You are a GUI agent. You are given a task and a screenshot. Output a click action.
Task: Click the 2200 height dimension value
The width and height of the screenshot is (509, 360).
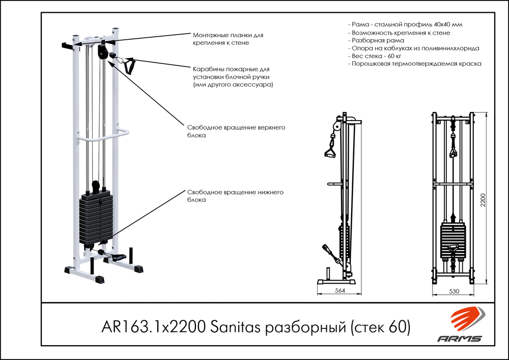pyautogui.click(x=483, y=200)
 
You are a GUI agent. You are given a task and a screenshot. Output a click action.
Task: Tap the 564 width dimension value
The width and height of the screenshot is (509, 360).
pyautogui.click(x=340, y=291)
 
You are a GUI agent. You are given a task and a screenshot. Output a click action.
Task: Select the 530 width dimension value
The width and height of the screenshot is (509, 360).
pyautogui.click(x=454, y=291)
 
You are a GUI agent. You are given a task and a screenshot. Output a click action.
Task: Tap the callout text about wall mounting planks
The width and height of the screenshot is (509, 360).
pyautogui.click(x=228, y=39)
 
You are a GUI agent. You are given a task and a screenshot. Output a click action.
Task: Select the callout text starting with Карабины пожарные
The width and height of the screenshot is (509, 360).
pyautogui.click(x=233, y=77)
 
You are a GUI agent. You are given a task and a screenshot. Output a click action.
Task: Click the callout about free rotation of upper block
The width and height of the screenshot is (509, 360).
pyautogui.click(x=236, y=131)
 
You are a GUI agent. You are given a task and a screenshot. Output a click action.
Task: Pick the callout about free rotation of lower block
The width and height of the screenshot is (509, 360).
pyautogui.click(x=235, y=196)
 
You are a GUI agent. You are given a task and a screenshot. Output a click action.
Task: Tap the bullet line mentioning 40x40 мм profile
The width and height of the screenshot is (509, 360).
pyautogui.click(x=405, y=24)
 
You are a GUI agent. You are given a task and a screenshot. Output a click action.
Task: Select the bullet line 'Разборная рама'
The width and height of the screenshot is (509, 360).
pyautogui.click(x=376, y=40)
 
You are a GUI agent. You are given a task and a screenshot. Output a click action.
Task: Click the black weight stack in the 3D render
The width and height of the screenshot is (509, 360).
pyautogui.click(x=96, y=218)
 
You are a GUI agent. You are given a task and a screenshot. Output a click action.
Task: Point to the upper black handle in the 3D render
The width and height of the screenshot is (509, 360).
pyautogui.click(x=129, y=66)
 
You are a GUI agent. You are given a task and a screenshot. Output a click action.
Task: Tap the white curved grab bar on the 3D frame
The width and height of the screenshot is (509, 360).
pyautogui.click(x=103, y=135)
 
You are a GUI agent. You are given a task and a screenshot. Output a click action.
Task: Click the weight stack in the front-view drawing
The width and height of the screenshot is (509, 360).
pyautogui.click(x=453, y=241)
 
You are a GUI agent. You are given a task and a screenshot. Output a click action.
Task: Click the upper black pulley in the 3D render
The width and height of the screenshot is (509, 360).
pyautogui.click(x=102, y=51)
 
